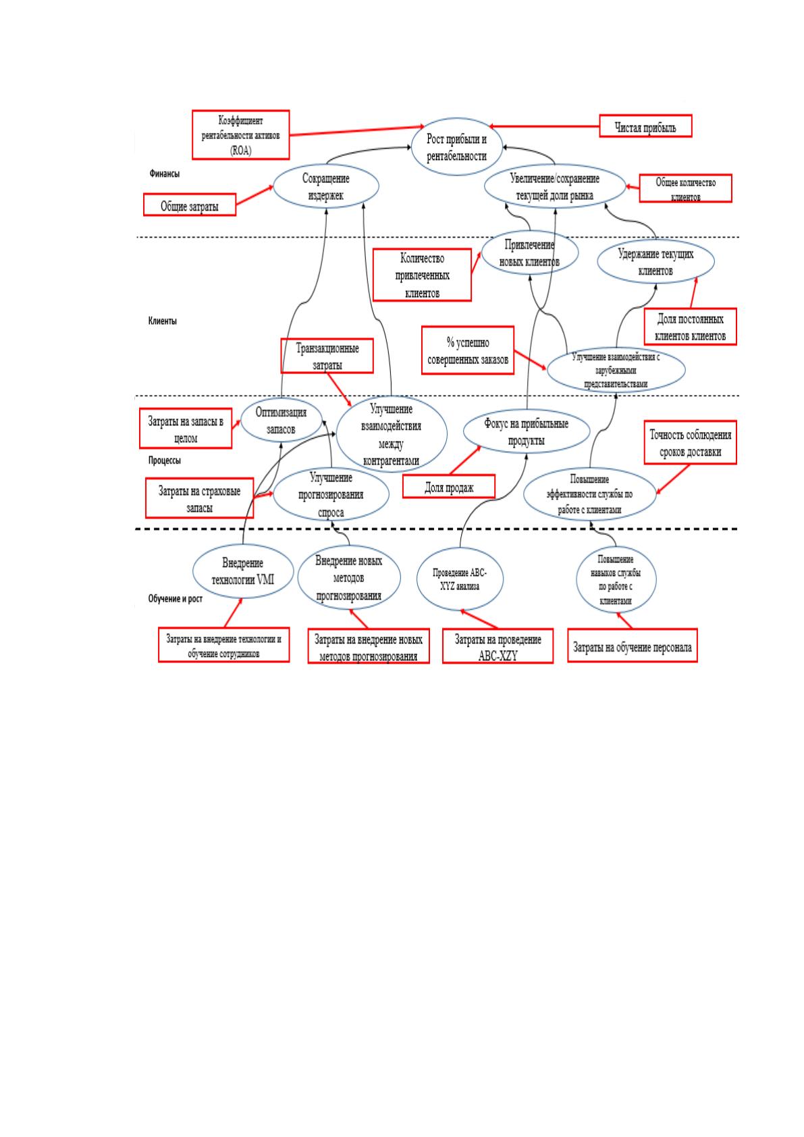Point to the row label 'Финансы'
click(x=165, y=174)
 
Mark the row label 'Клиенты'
click(x=163, y=321)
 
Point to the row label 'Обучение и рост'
click(x=175, y=598)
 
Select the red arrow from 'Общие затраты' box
click(x=254, y=195)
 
